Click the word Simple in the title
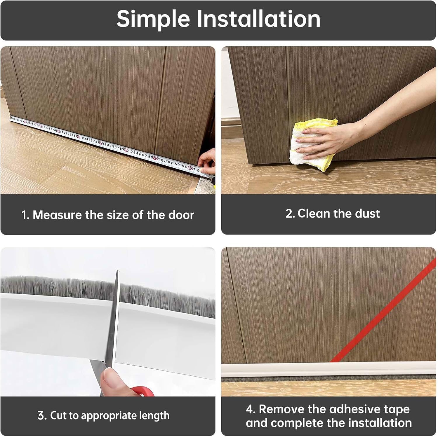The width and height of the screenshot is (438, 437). tap(153, 19)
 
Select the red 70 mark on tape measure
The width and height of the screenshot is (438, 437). tap(156, 159)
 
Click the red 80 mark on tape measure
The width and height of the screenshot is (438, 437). tap(190, 168)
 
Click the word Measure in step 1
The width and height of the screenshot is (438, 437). tap(57, 215)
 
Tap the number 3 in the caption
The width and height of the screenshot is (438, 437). tap(40, 415)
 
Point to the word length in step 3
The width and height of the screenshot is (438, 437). tap(154, 415)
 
